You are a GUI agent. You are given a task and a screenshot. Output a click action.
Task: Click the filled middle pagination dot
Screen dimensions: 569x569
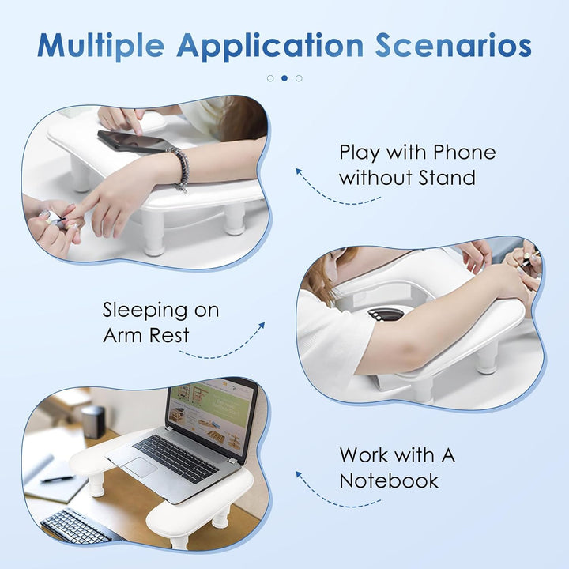[x=284, y=78]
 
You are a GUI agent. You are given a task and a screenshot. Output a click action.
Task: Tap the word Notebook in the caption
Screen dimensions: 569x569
[x=389, y=480]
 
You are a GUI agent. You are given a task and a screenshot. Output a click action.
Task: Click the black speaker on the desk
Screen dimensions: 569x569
[x=93, y=422]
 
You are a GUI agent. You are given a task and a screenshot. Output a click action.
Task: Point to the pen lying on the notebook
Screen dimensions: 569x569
[x=57, y=479]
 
